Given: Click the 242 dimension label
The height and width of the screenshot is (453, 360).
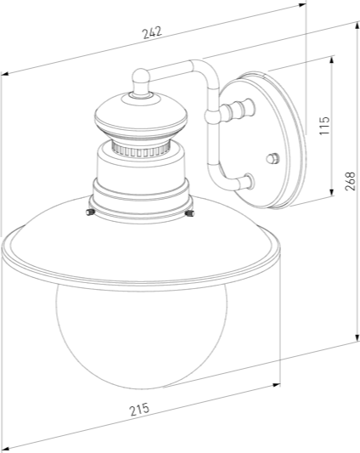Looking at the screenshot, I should click(x=152, y=31).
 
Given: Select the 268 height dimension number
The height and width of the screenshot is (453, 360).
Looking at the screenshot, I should click(x=350, y=180).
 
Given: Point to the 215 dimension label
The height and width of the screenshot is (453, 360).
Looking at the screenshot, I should click(x=139, y=410).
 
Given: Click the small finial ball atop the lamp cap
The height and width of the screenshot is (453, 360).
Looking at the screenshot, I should click(x=140, y=82).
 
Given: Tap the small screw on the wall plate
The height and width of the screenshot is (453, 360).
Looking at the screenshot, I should click(x=273, y=158).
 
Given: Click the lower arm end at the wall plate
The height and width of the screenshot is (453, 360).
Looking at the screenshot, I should click(x=247, y=180).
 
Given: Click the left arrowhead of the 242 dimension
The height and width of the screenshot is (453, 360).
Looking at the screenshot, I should click(x=5, y=75).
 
